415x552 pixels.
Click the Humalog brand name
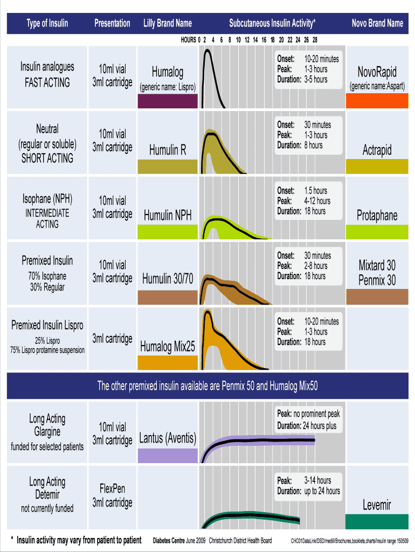click(167, 72)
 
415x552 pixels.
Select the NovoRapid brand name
click(377, 72)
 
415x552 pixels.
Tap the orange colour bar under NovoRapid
click(377, 101)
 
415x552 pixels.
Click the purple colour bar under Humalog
click(168, 101)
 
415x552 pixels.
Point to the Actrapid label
click(377, 150)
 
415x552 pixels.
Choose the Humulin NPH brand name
click(167, 216)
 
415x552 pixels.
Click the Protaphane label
click(377, 216)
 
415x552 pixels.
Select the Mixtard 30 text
click(377, 265)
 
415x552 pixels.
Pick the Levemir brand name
click(377, 505)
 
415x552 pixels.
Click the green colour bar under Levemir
click(377, 522)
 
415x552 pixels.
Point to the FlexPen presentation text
click(112, 488)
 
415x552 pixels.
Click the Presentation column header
click(112, 23)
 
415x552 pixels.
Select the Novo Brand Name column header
click(377, 23)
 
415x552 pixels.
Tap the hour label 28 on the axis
click(314, 40)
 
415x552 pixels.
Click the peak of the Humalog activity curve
click(207, 52)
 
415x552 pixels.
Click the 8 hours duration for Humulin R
click(313, 145)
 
